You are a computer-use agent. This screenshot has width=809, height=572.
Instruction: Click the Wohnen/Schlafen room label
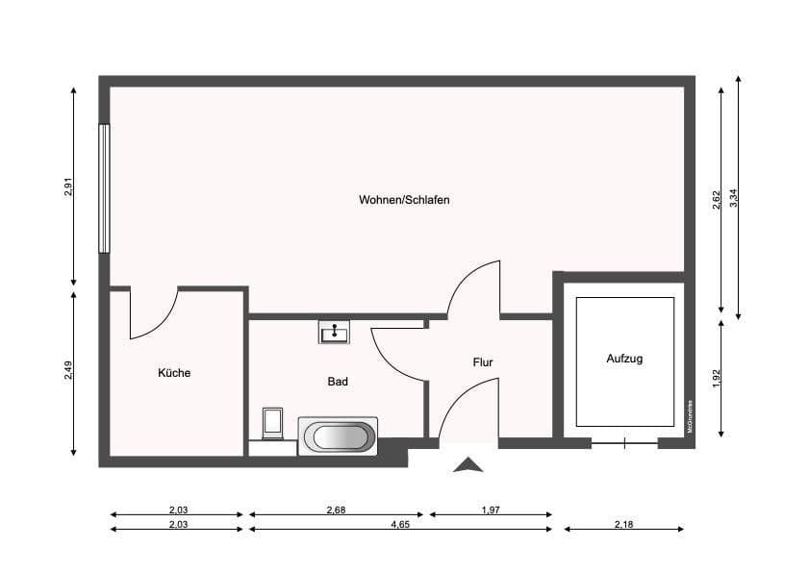click(x=404, y=200)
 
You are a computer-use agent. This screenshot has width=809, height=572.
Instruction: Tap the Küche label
click(x=174, y=372)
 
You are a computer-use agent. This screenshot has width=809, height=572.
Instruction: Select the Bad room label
click(x=338, y=381)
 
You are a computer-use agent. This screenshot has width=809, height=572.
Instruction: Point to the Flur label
click(x=483, y=362)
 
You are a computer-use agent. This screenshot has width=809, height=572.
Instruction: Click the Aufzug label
click(x=624, y=359)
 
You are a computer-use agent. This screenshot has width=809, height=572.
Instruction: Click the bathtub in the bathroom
click(x=337, y=436)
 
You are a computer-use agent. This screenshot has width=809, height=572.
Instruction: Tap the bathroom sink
click(x=334, y=333)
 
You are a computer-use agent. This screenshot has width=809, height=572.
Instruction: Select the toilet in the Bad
click(x=272, y=424)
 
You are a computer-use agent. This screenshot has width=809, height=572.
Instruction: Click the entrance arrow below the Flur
click(x=468, y=465)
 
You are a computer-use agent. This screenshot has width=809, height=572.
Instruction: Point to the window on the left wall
click(x=104, y=188)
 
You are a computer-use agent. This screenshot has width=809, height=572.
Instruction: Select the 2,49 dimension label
click(x=69, y=370)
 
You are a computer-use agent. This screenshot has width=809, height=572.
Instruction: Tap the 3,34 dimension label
click(x=734, y=199)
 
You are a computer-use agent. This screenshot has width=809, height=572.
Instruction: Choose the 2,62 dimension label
click(x=717, y=200)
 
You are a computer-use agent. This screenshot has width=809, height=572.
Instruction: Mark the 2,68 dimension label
click(x=336, y=510)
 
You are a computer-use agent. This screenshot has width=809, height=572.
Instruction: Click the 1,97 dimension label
click(x=490, y=510)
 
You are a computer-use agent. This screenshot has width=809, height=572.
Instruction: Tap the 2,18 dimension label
click(x=623, y=524)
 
